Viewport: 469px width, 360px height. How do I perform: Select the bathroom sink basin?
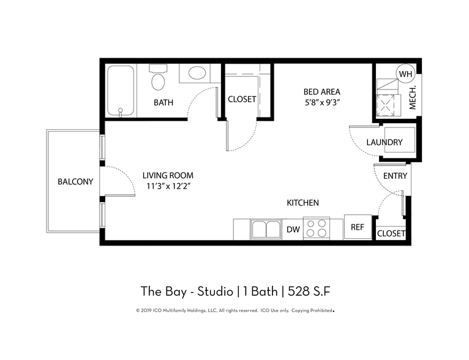click(197, 74)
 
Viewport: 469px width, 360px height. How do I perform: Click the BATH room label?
click(163, 102)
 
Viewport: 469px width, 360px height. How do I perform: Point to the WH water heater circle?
click(405, 74)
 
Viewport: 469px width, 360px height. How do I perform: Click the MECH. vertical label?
click(413, 97)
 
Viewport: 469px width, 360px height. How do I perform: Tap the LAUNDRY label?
click(385, 143)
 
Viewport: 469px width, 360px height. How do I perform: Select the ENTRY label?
click(395, 176)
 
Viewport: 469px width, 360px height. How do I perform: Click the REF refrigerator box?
click(357, 227)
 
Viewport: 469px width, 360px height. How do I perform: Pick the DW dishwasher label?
click(293, 229)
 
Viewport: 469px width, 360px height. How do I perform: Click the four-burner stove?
click(317, 228)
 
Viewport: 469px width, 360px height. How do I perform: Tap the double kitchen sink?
click(267, 230)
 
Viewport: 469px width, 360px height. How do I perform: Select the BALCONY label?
click(75, 182)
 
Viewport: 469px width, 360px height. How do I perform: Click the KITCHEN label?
click(302, 203)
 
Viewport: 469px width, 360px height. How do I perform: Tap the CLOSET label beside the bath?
click(242, 99)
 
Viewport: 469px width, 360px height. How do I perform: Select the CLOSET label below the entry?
click(391, 234)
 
